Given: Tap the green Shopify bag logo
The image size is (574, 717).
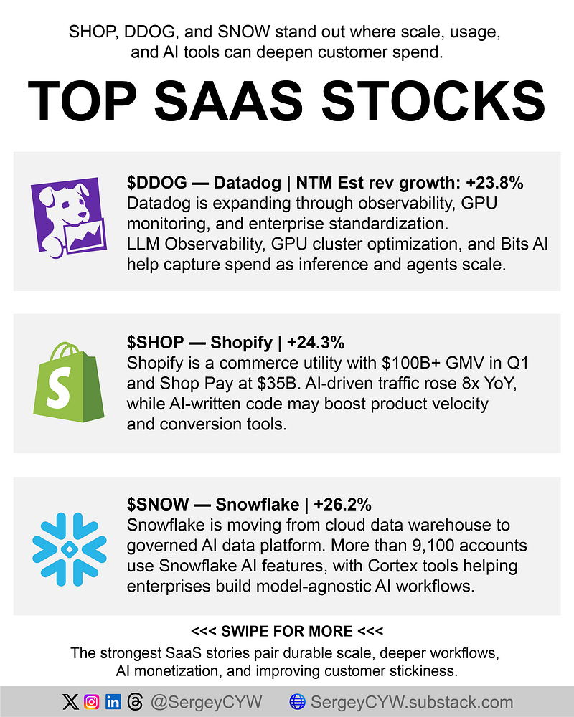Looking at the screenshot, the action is (x=69, y=382).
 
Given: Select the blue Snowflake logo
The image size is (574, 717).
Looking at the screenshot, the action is (x=70, y=549).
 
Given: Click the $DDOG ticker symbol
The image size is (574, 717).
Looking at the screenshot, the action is (x=157, y=183).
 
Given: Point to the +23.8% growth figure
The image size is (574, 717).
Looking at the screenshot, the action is (x=495, y=183).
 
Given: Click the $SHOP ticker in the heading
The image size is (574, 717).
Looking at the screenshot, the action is (x=156, y=342).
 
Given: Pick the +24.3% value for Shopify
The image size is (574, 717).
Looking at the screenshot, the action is (x=316, y=342).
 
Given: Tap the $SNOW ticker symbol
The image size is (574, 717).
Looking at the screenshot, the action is (x=158, y=504).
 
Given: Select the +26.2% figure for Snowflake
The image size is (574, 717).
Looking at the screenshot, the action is (x=342, y=504).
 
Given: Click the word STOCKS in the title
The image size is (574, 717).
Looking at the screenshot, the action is (x=433, y=101).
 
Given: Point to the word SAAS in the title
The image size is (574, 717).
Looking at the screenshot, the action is (x=228, y=101).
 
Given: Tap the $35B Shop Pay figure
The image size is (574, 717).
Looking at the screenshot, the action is (x=277, y=383).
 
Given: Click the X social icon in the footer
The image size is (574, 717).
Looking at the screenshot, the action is (x=70, y=701).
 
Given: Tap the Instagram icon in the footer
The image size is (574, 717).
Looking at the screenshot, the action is (x=92, y=701).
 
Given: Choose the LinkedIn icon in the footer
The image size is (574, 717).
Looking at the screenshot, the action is (x=113, y=701).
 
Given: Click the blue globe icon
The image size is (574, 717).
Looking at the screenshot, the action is (x=297, y=701).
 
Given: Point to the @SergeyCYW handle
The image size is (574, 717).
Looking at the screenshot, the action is (x=207, y=702).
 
